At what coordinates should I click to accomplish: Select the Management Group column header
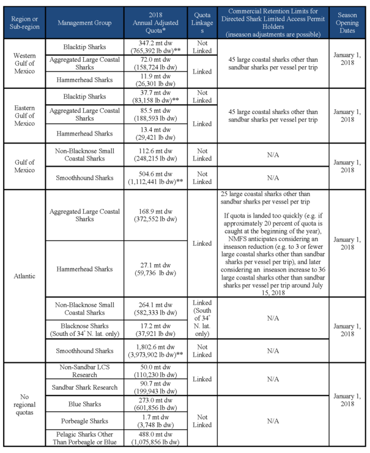tap(84, 23)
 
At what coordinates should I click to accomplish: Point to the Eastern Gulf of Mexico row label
tap(24, 115)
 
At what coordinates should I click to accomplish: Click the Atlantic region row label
tap(24, 275)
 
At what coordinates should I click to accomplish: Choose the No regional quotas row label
tap(24, 405)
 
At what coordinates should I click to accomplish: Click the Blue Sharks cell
tap(84, 405)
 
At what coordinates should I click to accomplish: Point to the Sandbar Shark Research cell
tap(84, 387)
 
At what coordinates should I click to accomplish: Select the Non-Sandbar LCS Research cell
tap(84, 370)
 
